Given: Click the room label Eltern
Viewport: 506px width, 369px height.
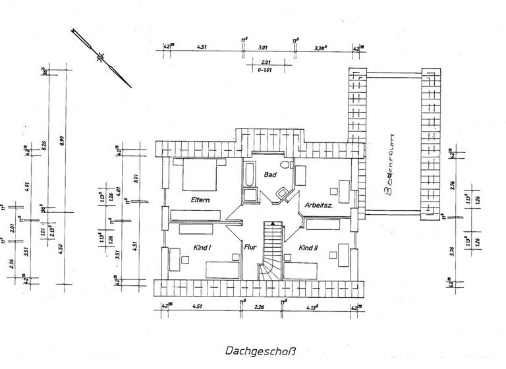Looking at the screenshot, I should pyautogui.click(x=200, y=200).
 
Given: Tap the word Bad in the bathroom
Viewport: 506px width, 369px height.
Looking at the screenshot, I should pyautogui.click(x=270, y=175).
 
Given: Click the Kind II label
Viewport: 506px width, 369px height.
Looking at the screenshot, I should pyautogui.click(x=309, y=248).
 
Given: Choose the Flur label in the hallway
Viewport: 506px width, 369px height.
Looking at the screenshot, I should pyautogui.click(x=250, y=248).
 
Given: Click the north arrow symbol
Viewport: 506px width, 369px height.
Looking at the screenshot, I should pyautogui.click(x=101, y=57).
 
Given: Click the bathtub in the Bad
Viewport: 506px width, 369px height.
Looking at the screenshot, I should pyautogui.click(x=250, y=177).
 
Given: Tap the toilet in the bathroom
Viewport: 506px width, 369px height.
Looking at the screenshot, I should pyautogui.click(x=285, y=166).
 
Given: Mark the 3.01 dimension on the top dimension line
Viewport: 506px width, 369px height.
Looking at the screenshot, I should pyautogui.click(x=262, y=47).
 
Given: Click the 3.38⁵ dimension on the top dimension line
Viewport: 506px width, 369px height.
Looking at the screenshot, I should pyautogui.click(x=322, y=47).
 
